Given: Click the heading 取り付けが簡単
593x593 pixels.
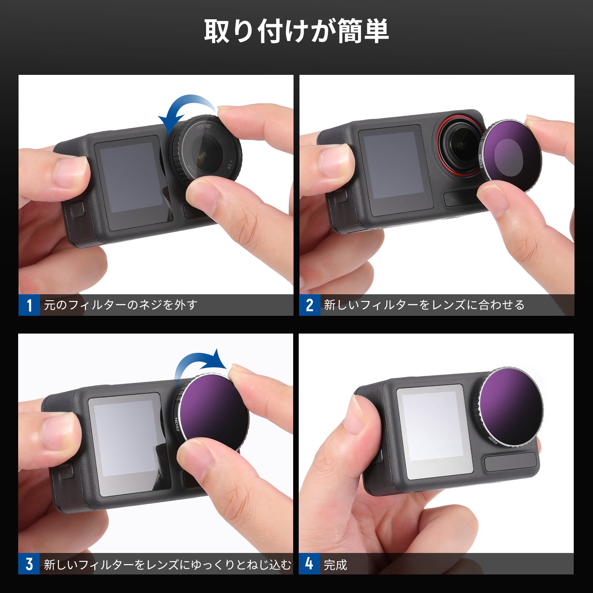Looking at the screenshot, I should pyautogui.click(x=296, y=31).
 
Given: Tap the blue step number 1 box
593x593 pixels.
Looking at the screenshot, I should pyautogui.click(x=29, y=305).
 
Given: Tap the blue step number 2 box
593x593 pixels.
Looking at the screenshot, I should pyautogui.click(x=310, y=305).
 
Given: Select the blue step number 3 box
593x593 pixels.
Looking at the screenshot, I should pyautogui.click(x=29, y=564).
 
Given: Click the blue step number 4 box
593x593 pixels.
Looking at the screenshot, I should pyautogui.click(x=309, y=564).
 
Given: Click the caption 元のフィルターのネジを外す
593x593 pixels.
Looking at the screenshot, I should pyautogui.click(x=120, y=305).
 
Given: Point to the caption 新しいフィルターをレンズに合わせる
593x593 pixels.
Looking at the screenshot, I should pyautogui.click(x=424, y=305).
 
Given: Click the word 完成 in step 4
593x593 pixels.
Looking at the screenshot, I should pyautogui.click(x=335, y=565).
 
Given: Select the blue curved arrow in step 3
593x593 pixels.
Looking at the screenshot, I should pyautogui.click(x=198, y=365).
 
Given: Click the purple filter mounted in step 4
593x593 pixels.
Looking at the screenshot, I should pyautogui.click(x=511, y=406).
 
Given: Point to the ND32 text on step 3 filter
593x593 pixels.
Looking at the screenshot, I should pyautogui.click(x=177, y=424).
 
